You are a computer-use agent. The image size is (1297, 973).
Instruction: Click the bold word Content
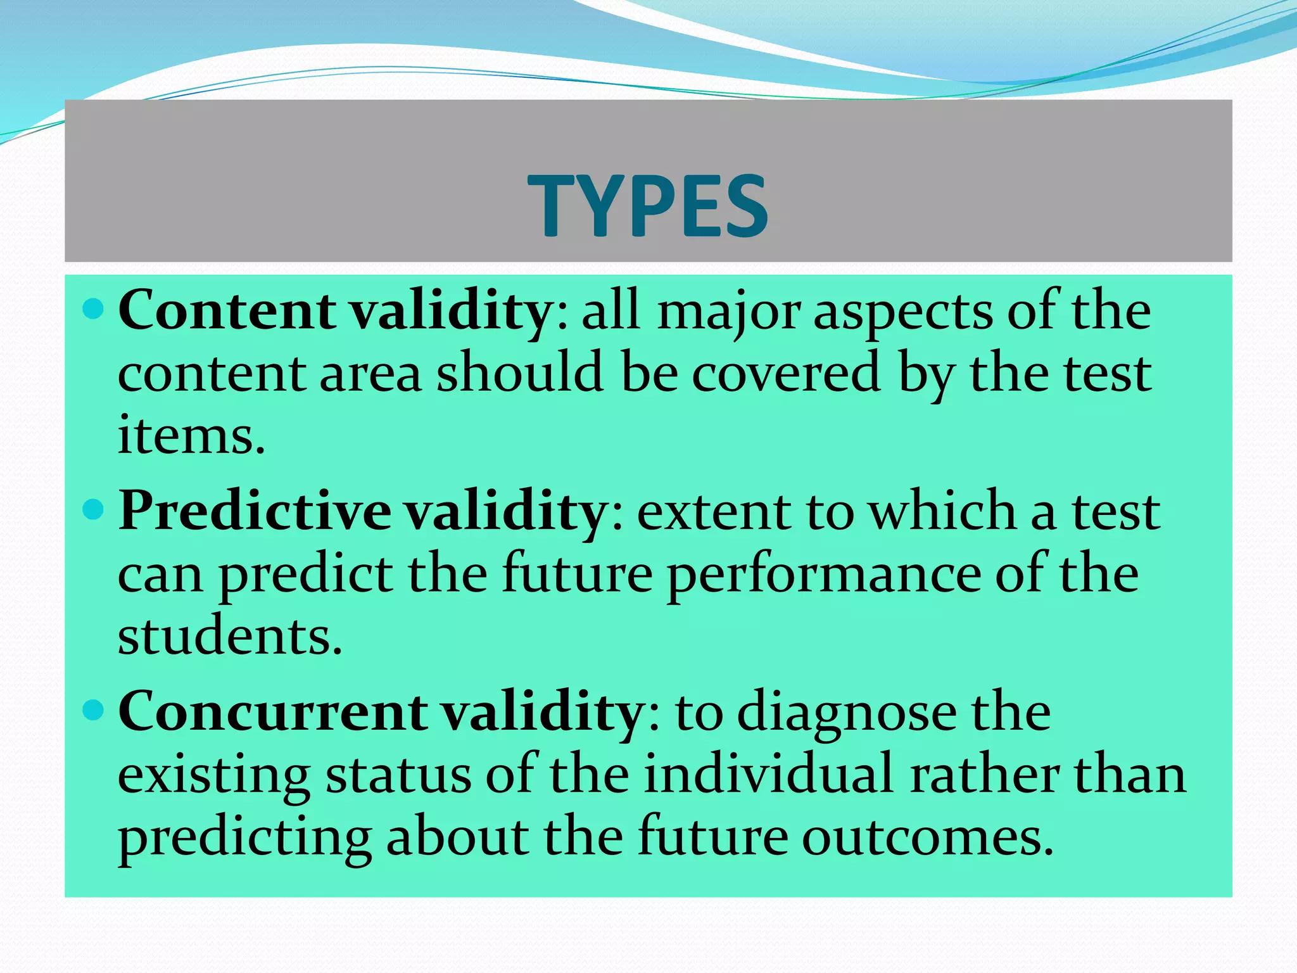pyautogui.click(x=226, y=311)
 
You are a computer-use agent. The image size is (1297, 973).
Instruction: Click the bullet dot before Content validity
pyautogui.click(x=93, y=309)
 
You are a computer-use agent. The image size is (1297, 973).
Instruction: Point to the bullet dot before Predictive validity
pyautogui.click(x=93, y=509)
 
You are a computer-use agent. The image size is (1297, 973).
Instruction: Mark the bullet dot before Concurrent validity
pyautogui.click(x=93, y=710)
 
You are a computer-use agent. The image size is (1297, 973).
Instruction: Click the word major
pyautogui.click(x=728, y=314)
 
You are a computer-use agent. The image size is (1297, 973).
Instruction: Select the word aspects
pyautogui.click(x=902, y=314)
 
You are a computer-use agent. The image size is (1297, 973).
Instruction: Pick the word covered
pyautogui.click(x=786, y=374)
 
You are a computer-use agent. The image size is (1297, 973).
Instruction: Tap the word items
pyautogui.click(x=191, y=436)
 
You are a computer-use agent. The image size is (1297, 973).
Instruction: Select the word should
pyautogui.click(x=519, y=374)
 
